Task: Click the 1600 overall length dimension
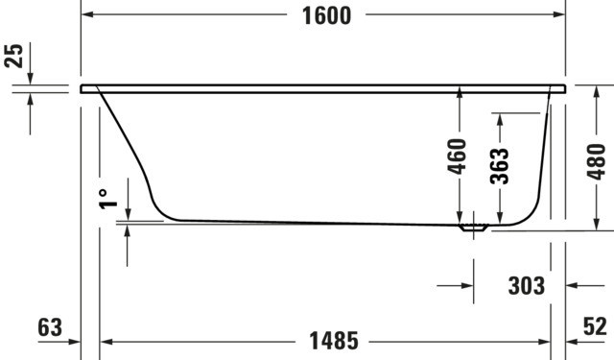[326, 16]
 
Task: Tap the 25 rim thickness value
[13, 56]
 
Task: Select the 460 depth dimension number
[457, 156]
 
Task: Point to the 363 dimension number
[499, 166]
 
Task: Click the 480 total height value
[596, 162]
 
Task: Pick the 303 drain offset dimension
[527, 286]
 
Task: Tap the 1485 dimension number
[334, 341]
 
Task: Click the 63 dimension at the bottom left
[50, 327]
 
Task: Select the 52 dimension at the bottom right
[595, 325]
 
